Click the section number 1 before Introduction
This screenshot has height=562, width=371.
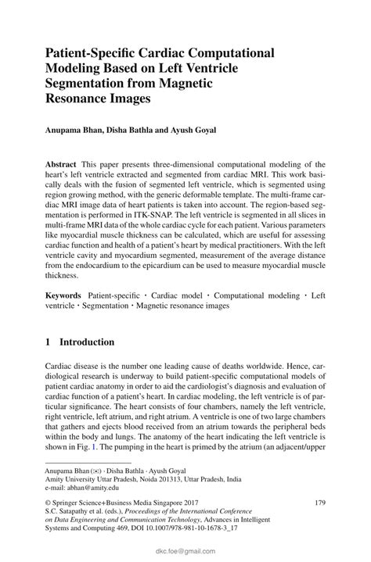(x=49, y=342)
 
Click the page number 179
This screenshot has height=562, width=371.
(x=319, y=504)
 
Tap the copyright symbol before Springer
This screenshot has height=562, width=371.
(x=49, y=504)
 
